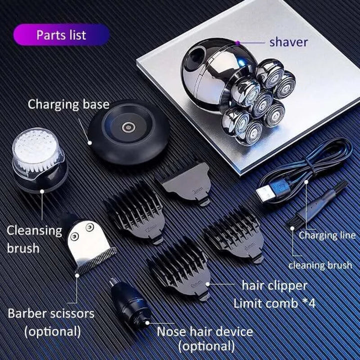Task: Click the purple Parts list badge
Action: tap(61, 35)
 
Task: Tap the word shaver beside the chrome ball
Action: tap(288, 42)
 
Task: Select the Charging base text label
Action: tap(68, 104)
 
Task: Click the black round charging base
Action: tap(129, 131)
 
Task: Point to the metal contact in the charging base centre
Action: tap(127, 126)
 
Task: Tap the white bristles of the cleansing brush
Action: tap(36, 149)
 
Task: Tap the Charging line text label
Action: tap(327, 235)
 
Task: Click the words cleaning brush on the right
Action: tap(320, 265)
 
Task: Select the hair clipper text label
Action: tap(274, 286)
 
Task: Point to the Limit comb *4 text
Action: tap(274, 303)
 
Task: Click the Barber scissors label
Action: tap(51, 313)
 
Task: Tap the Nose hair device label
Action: tap(205, 331)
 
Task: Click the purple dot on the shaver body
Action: tap(238, 42)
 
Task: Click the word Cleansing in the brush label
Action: tap(34, 230)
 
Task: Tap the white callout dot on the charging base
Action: tap(90, 143)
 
